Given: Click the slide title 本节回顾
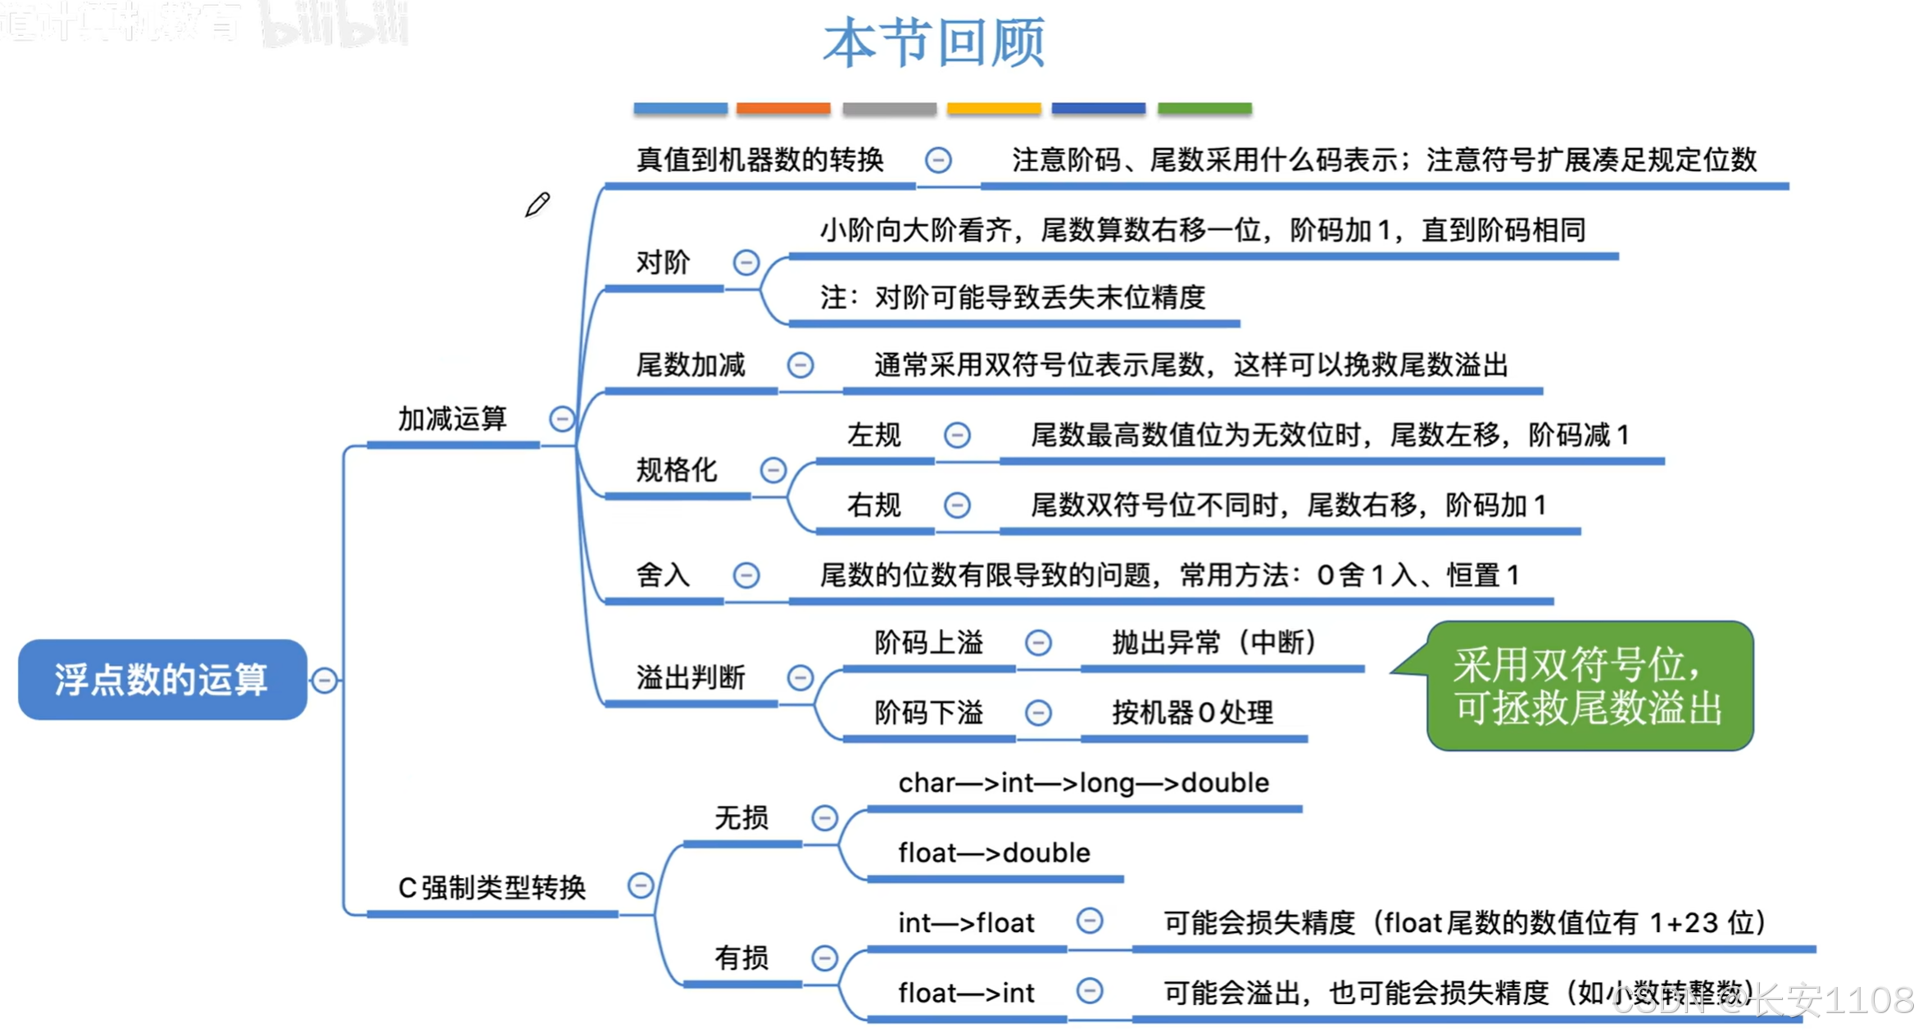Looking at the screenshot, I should [934, 43].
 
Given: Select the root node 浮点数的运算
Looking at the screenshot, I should [161, 679].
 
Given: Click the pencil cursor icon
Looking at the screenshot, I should [537, 205].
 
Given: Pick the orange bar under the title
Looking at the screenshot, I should [782, 108].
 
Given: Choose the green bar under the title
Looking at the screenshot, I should [1204, 108].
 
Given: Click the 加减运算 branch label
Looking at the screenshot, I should [452, 419].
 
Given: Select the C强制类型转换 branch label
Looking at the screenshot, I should [492, 887].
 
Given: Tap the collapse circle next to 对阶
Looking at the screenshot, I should [746, 262].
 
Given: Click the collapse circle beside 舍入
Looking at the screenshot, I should [746, 575].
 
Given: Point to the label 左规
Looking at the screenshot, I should [873, 434].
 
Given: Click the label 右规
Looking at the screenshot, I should [873, 505].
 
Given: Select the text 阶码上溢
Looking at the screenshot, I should [928, 642].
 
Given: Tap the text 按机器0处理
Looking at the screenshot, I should [1192, 713].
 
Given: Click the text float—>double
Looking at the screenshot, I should [994, 853].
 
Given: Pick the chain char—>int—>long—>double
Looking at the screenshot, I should [1083, 783].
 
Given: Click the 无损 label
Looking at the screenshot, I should [741, 817].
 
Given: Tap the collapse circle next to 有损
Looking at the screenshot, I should [824, 957].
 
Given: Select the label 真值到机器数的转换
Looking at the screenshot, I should [759, 159].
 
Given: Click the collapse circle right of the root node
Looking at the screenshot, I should [324, 680].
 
